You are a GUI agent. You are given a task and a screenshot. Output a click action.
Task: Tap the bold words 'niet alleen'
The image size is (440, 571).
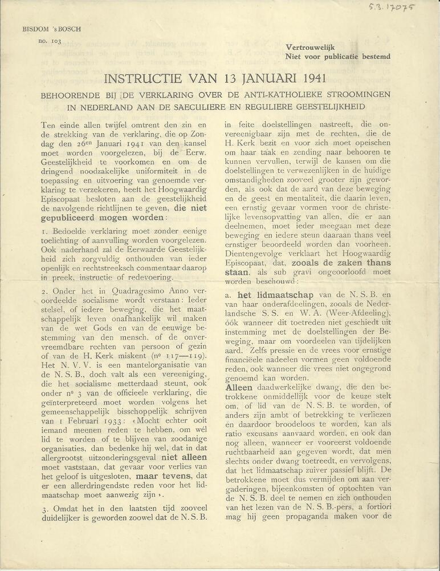173,457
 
